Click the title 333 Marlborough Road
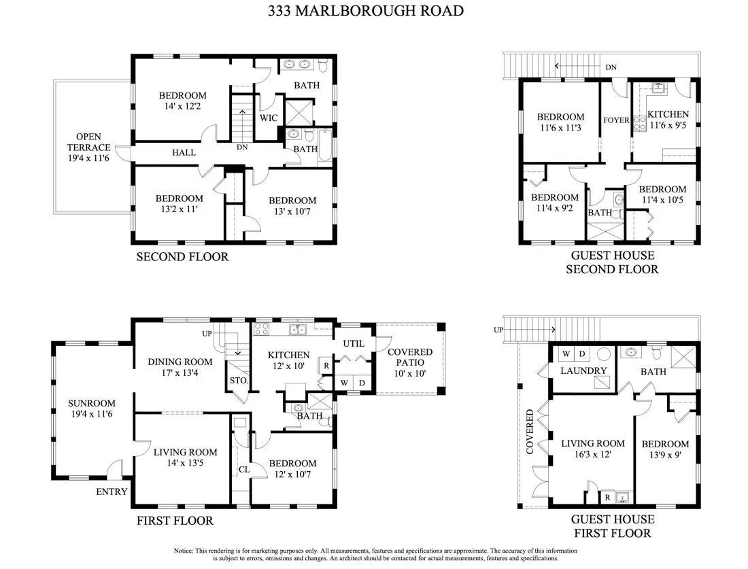pos(366,11)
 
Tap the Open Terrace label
pos(88,142)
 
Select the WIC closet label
pos(269,118)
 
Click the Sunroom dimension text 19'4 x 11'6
pos(92,414)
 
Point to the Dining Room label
pos(180,362)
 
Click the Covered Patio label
pos(410,357)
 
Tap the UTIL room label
pos(354,343)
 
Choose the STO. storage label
pos(239,381)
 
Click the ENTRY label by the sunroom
pos(112,492)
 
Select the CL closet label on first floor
pos(244,470)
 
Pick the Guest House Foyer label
pos(616,120)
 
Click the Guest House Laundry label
pos(583,370)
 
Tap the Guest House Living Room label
pos(592,443)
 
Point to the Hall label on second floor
pos(184,153)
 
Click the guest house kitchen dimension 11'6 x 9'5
pos(668,126)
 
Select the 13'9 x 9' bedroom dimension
pos(665,455)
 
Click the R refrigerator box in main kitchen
pos(326,366)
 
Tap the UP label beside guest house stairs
pos(498,330)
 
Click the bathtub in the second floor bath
pos(325,146)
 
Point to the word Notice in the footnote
pos(183,551)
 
